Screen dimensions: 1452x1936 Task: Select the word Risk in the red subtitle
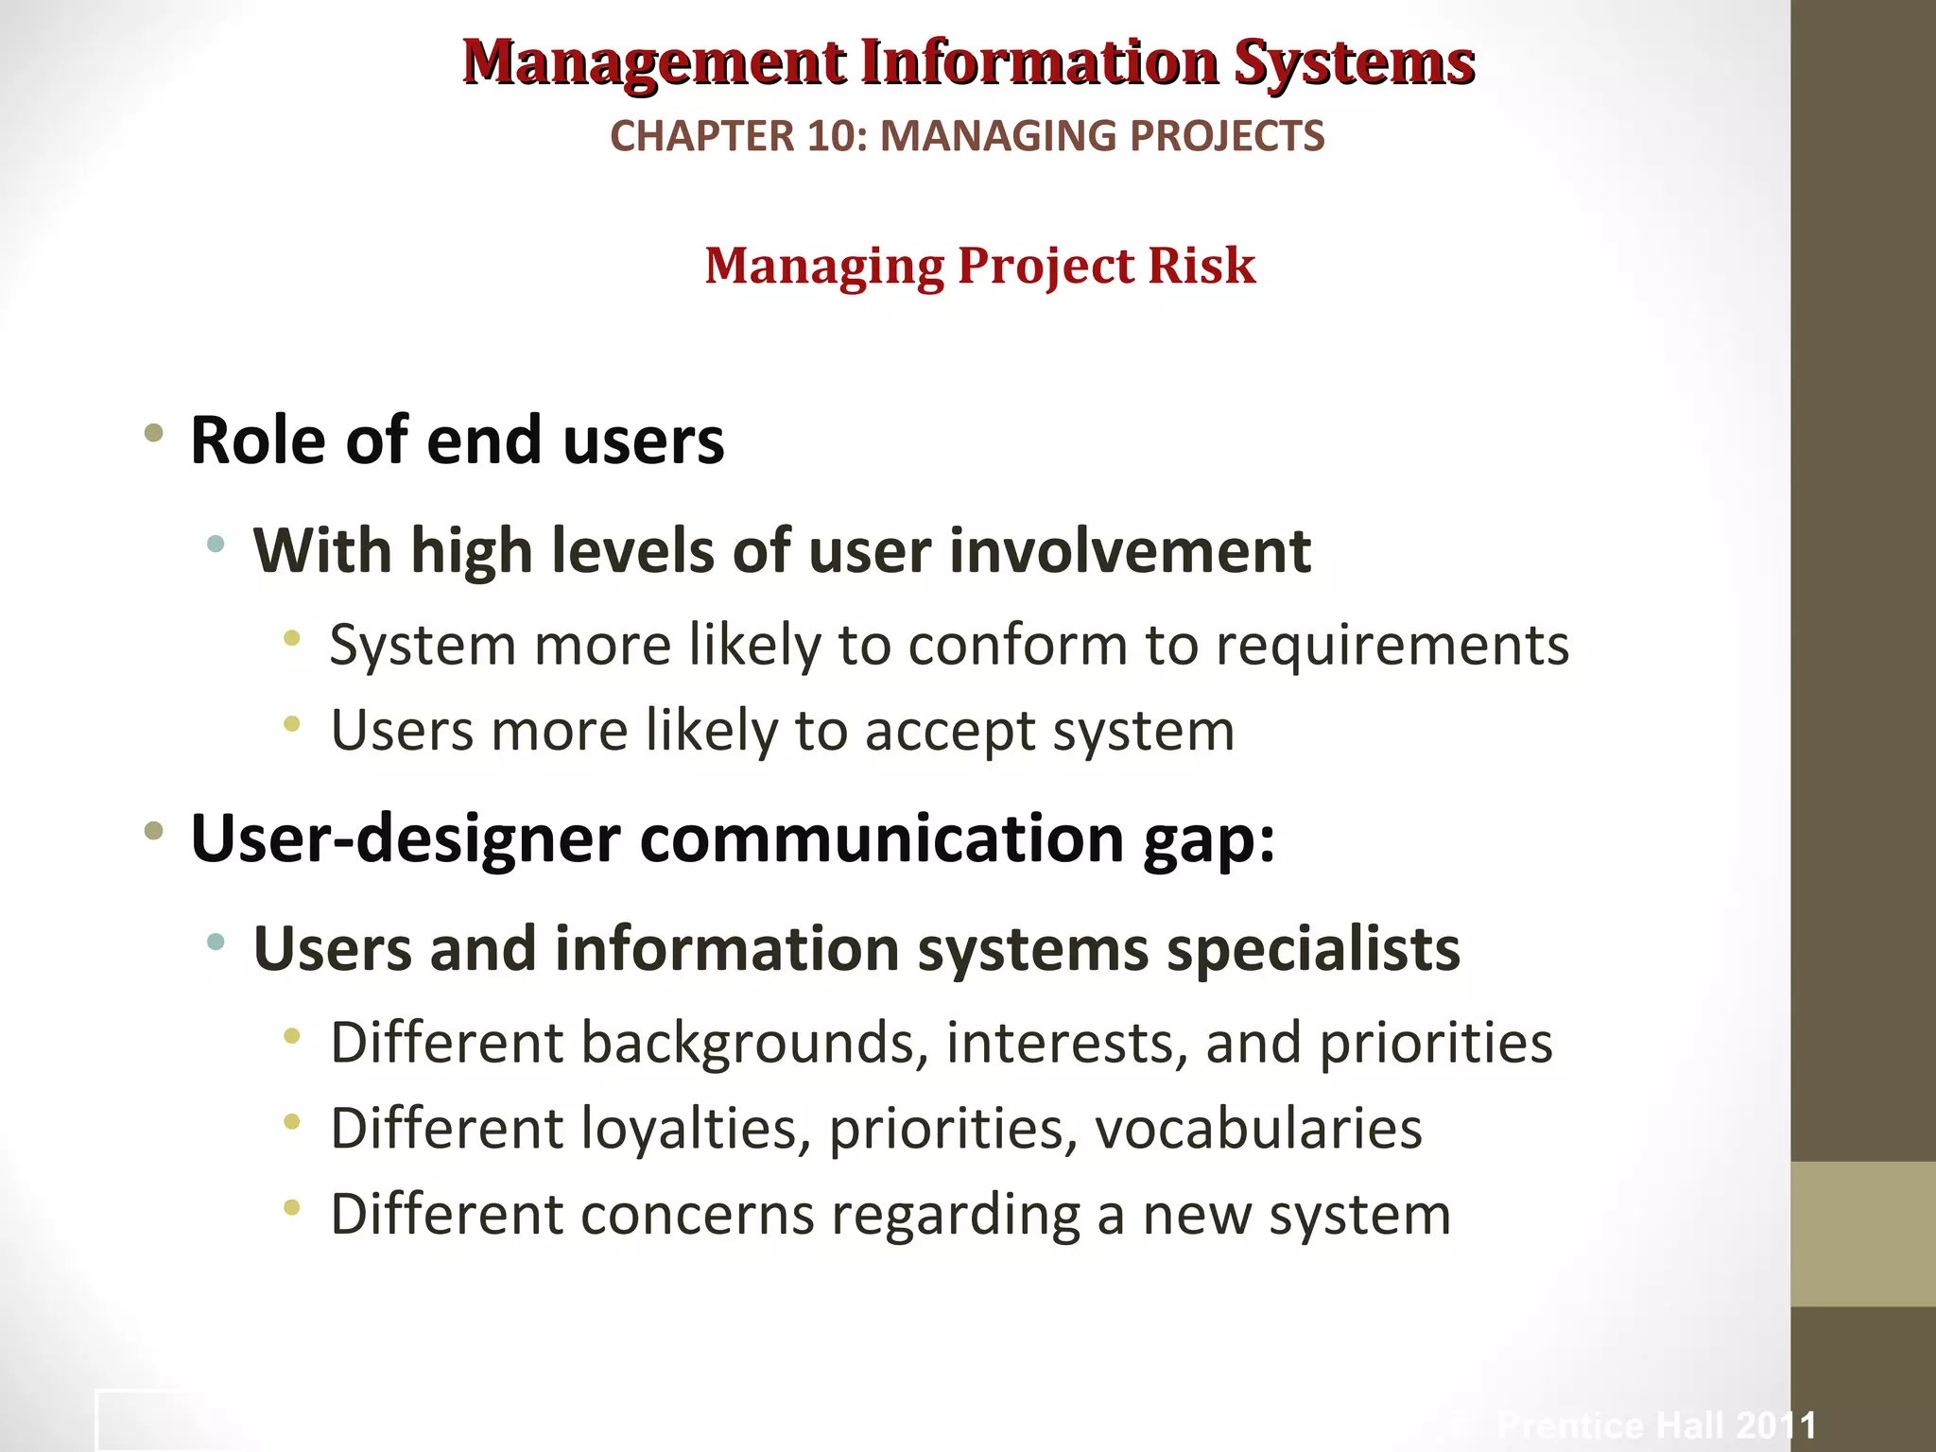(1201, 266)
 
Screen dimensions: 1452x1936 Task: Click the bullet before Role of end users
(154, 434)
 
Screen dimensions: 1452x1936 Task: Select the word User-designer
(406, 839)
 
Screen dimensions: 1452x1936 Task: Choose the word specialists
(1313, 949)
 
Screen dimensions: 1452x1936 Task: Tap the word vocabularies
(1258, 1129)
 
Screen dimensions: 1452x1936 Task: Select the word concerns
(698, 1215)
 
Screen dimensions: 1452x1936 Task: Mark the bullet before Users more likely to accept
(292, 725)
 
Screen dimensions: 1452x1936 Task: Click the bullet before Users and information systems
(216, 942)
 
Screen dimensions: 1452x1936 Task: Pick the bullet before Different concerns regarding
(292, 1208)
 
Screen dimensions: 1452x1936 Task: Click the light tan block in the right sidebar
(1862, 1234)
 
